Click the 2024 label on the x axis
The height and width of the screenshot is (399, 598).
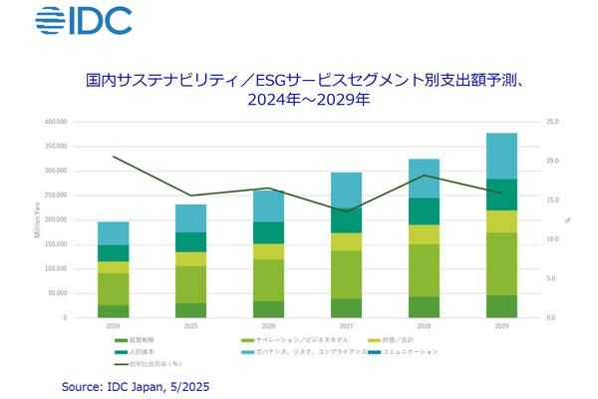(x=114, y=326)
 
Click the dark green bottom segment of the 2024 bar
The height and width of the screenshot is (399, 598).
(x=114, y=311)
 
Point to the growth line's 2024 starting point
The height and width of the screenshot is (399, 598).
(x=114, y=157)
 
